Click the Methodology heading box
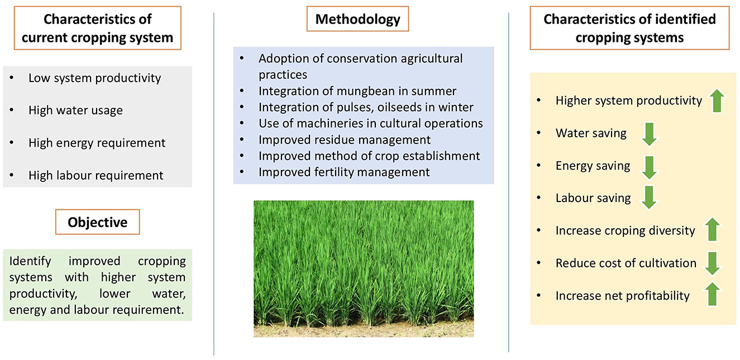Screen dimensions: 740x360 357,19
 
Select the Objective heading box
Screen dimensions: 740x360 97,222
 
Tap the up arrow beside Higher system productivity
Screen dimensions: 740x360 717,100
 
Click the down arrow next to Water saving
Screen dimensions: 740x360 650,134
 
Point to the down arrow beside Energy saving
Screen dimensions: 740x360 650,167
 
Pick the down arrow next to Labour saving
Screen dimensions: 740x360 649,198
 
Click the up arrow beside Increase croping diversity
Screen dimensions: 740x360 712,229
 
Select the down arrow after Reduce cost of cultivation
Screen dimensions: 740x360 712,263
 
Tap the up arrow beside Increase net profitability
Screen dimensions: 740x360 712,294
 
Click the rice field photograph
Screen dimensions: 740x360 364,268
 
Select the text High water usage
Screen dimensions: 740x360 75,111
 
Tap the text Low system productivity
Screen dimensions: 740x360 94,78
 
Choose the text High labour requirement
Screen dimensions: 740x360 96,175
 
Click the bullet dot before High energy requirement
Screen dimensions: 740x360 12,143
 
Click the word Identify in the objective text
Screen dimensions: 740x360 30,261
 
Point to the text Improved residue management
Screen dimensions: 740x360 344,140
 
